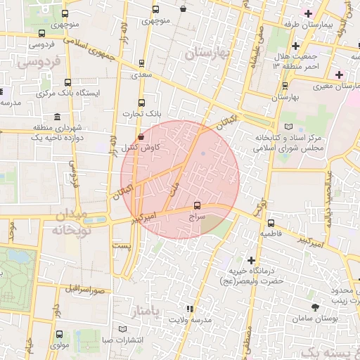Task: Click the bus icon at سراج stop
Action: (x=196, y=206)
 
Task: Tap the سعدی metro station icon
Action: (x=143, y=63)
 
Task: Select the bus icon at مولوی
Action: (x=58, y=335)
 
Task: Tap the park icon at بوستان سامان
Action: (x=314, y=308)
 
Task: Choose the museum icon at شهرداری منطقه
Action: (x=57, y=117)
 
